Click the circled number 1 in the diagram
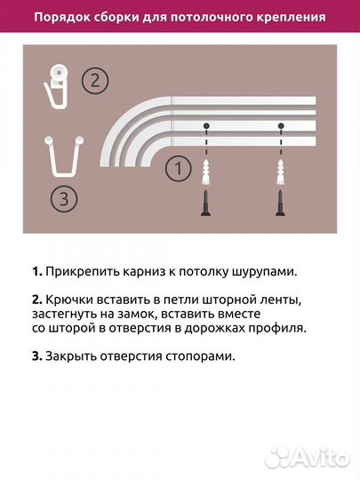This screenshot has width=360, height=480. click(x=180, y=166)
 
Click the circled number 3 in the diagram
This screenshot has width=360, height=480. click(x=61, y=200)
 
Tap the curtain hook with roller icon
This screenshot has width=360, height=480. click(x=58, y=84)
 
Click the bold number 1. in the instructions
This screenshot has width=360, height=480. click(x=36, y=270)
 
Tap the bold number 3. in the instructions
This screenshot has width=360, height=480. click(x=36, y=356)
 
